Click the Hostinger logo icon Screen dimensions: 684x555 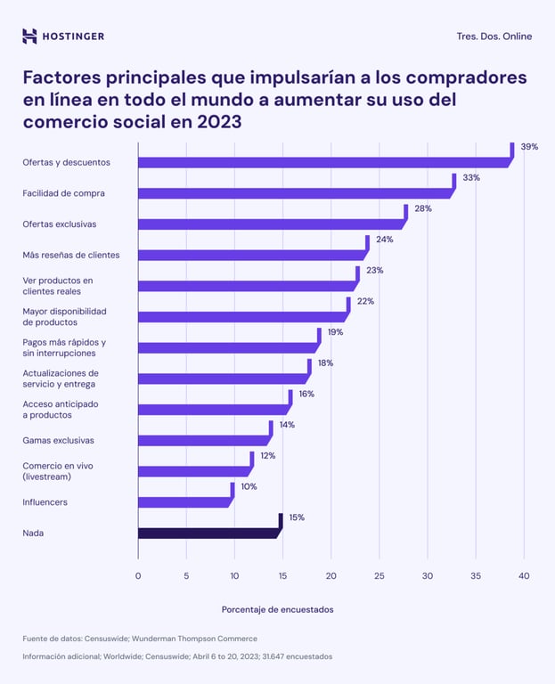pos(29,36)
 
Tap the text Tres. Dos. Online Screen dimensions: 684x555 pos(494,37)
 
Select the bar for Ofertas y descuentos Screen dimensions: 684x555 pos(321,163)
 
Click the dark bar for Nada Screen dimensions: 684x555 pos(208,533)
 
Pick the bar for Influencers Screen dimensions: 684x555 pos(184,502)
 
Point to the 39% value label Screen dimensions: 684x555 pos(529,146)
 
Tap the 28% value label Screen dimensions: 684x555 pos(422,208)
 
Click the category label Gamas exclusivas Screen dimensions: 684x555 pos(58,440)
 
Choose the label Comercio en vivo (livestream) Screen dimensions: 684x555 pos(58,471)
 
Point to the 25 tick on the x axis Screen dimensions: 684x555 pos(379,576)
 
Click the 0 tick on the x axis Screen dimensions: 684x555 pos(138,576)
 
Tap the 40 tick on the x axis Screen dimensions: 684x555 pos(523,576)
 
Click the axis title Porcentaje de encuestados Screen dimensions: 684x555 pos(277,609)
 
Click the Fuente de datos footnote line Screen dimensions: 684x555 pos(140,639)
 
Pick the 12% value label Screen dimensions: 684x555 pos(268,455)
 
